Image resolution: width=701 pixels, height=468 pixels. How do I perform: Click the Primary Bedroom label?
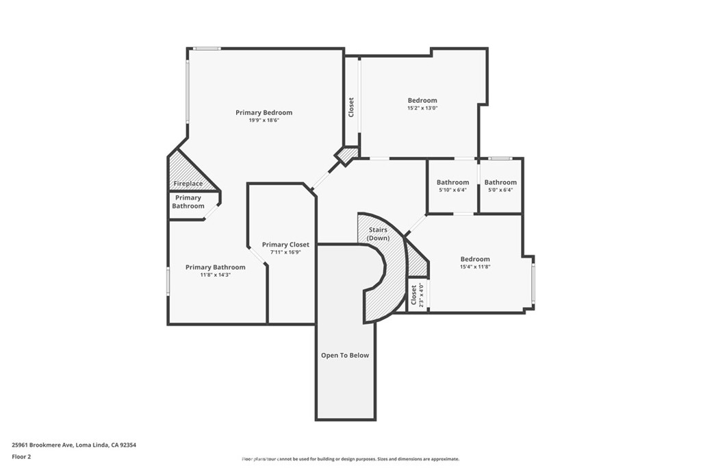click(x=264, y=112)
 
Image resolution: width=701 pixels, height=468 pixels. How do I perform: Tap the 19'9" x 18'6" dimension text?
click(x=264, y=121)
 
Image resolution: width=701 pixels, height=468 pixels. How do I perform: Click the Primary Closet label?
click(x=285, y=245)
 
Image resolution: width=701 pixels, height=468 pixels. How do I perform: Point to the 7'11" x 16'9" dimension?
click(x=285, y=252)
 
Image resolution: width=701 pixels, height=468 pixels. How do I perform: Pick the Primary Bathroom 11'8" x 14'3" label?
click(x=215, y=267)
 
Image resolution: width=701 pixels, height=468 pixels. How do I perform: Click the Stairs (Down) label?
click(x=378, y=234)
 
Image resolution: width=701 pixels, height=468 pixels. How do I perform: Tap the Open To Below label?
click(x=345, y=356)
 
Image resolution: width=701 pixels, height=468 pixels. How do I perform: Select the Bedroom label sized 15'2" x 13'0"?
click(x=422, y=100)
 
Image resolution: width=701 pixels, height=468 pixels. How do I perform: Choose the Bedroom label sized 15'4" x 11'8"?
click(x=474, y=259)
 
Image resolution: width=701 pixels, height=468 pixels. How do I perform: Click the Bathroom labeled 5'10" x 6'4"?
click(x=453, y=182)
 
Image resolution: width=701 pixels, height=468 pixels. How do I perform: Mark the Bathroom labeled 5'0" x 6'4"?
click(x=500, y=182)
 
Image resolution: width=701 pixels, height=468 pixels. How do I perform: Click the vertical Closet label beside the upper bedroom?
click(x=352, y=107)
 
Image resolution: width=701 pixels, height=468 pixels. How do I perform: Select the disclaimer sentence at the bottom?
click(x=350, y=459)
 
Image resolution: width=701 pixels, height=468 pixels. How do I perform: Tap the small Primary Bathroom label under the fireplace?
click(x=188, y=202)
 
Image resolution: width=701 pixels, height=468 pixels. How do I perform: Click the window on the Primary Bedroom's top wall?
click(x=206, y=49)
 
